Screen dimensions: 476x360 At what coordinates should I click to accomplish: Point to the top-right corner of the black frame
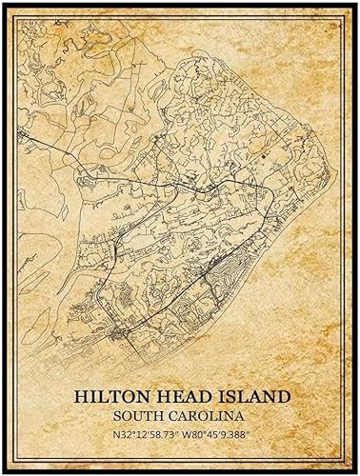point(355,5)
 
